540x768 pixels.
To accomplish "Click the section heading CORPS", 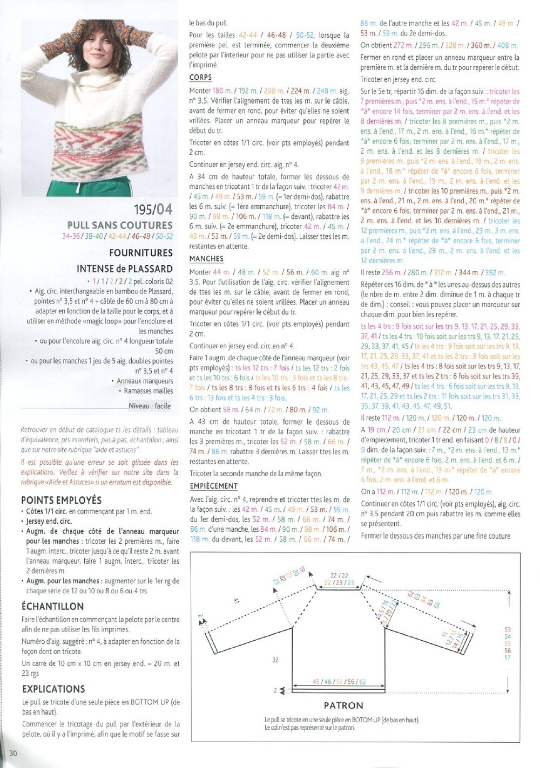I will (200, 78).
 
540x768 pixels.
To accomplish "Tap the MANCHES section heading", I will (206, 259).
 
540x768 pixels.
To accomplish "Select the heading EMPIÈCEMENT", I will (213, 486).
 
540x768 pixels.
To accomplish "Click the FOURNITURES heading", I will (141, 252).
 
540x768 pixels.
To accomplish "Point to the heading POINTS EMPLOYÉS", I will (62, 500).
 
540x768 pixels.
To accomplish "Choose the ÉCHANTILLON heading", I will (53, 606).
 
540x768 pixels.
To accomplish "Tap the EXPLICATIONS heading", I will (53, 689).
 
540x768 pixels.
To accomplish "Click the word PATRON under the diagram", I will (343, 705).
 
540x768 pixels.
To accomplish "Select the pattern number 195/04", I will (153, 209).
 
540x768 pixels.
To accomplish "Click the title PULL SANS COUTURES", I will (120, 225).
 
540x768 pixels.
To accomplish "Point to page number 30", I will (13, 753).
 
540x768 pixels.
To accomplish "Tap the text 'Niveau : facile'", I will (150, 406).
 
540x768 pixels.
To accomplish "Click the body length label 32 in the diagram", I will (275, 660).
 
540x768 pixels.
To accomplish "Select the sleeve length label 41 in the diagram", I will (237, 600).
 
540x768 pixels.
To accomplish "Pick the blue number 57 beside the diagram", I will (508, 657).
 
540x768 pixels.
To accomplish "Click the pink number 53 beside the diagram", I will (508, 629).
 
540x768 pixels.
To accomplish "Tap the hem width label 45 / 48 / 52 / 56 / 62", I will (339, 682).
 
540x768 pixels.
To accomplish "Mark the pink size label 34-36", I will (71, 236).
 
